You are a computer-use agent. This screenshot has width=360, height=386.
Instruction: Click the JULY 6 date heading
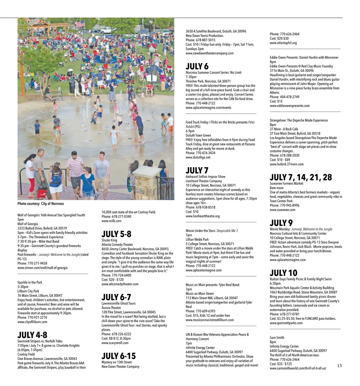[x=197, y=66]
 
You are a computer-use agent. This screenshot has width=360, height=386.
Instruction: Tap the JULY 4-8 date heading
[x=32, y=335]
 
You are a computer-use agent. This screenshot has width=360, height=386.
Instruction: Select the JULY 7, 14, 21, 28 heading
[x=301, y=177]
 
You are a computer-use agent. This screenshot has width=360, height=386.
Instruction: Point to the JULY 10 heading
[x=283, y=273]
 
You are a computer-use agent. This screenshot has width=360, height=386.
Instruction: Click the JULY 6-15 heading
[x=118, y=356]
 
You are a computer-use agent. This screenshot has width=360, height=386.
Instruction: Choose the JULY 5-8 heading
[x=116, y=234]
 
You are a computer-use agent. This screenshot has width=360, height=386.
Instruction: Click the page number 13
[x=339, y=366]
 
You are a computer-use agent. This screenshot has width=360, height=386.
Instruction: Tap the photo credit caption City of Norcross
[x=40, y=204]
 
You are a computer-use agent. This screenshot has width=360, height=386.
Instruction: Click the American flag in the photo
[x=80, y=24]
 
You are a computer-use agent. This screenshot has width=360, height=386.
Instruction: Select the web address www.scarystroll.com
[x=115, y=343]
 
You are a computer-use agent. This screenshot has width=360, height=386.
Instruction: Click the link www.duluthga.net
[x=198, y=157]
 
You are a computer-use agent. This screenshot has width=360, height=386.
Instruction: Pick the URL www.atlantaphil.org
[x=283, y=43]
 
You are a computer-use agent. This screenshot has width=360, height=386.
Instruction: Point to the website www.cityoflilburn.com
[x=32, y=322]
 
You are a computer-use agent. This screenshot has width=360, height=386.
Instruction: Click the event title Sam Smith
[x=277, y=337]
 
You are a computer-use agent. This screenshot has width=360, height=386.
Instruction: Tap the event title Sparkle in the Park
[x=30, y=282]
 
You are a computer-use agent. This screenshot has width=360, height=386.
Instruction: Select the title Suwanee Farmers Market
[x=286, y=183]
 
